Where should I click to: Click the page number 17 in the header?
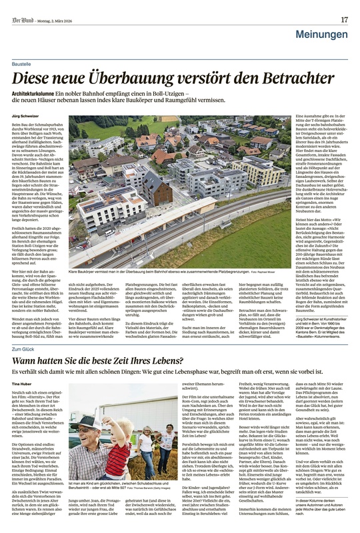tap(344, 19)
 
